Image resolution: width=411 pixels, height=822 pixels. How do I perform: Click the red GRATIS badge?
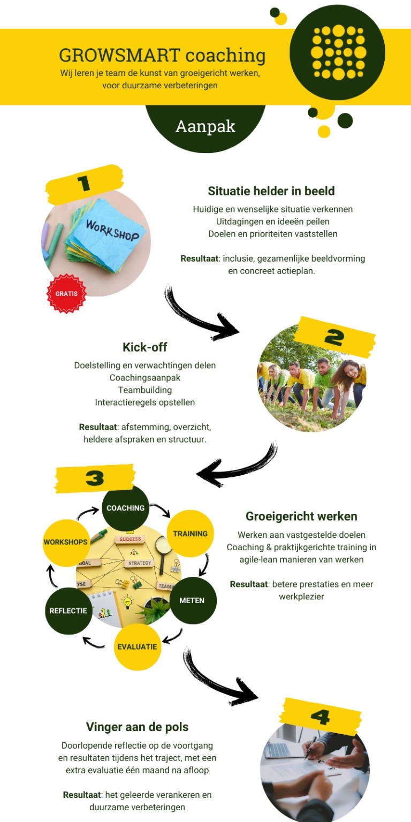point(66,293)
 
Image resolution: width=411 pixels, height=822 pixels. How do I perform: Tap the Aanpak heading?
point(205,126)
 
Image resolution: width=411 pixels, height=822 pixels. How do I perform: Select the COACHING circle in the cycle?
point(126,507)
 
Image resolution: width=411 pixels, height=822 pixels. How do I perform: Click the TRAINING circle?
point(190,534)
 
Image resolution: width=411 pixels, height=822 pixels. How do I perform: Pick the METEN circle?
point(192,600)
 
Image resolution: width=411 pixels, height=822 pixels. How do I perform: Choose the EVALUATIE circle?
point(137,646)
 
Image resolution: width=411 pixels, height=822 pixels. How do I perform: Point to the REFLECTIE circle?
point(68,611)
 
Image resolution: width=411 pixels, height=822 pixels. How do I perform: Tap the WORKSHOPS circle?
point(66,542)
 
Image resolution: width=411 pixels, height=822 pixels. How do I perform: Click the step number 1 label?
point(83,183)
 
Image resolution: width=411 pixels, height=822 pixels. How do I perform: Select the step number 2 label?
point(334,337)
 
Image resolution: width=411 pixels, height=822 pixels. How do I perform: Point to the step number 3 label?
point(95,478)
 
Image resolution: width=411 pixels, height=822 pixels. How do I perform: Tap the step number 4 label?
point(320,717)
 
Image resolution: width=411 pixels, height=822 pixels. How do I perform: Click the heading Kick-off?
point(145,347)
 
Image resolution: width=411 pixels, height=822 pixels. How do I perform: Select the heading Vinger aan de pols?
point(137,727)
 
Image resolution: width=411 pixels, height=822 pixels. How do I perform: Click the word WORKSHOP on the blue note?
point(112,230)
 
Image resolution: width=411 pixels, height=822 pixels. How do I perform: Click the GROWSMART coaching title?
point(162,56)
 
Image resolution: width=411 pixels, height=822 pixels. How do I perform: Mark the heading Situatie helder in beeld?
point(271,191)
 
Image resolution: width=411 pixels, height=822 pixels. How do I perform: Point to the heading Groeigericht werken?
point(301,516)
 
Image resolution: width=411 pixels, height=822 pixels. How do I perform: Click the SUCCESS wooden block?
point(130,539)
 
